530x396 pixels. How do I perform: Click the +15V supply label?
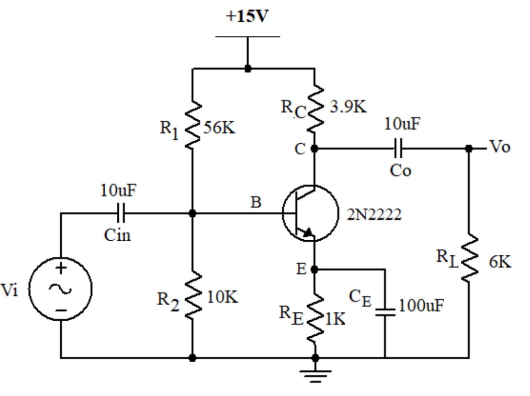click(x=247, y=16)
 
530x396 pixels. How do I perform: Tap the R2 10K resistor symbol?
click(x=193, y=296)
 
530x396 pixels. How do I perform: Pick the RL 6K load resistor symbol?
click(x=469, y=259)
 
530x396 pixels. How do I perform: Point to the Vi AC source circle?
click(x=61, y=289)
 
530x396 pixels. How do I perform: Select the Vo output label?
click(x=499, y=147)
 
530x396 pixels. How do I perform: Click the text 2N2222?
click(x=374, y=214)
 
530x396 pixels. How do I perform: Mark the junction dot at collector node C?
click(x=315, y=148)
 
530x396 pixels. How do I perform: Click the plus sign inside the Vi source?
click(x=61, y=268)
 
